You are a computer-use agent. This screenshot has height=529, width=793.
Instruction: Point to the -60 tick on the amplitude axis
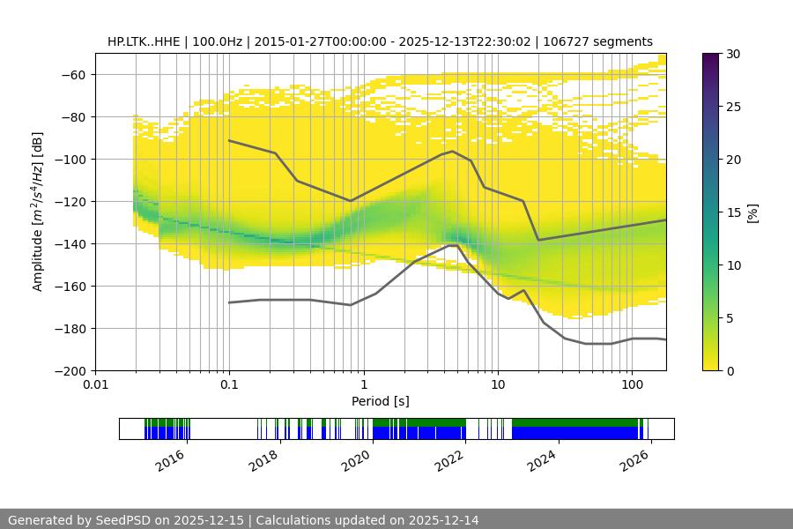pos(72,75)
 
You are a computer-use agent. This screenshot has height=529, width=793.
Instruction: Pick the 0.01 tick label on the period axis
pos(95,385)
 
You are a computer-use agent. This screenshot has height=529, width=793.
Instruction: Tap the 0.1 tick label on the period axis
pos(229,385)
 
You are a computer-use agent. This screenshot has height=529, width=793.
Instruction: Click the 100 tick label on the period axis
pos(632,385)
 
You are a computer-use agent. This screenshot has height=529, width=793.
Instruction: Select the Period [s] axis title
pos(381,401)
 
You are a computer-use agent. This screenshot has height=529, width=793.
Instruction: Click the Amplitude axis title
pos(37,212)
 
